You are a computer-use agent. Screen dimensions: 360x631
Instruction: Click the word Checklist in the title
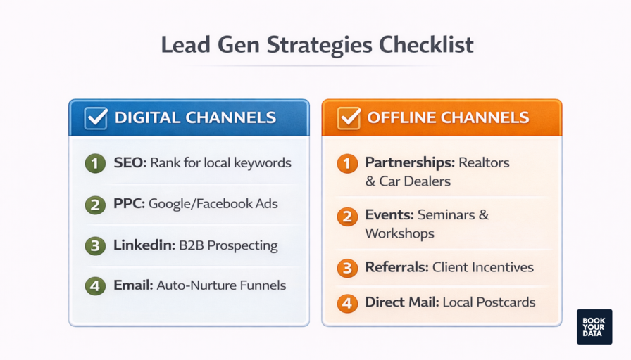tap(426, 44)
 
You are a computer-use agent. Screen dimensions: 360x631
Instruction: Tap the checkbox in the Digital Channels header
tap(96, 117)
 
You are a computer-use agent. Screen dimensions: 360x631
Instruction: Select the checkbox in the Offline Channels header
tap(349, 117)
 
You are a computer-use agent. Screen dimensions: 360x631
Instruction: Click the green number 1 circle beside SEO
tap(94, 163)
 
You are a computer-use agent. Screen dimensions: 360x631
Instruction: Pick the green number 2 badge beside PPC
tap(94, 205)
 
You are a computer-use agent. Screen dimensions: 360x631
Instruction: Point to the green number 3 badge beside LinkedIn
tap(94, 246)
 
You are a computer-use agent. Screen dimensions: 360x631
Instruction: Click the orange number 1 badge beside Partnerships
tap(346, 164)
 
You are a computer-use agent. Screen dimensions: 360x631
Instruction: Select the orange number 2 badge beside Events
tap(346, 216)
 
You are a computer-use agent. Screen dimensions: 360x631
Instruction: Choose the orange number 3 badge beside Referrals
tap(346, 268)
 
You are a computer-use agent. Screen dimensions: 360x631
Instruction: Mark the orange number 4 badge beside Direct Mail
tap(346, 303)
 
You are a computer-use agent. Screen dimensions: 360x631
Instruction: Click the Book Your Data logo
tap(594, 327)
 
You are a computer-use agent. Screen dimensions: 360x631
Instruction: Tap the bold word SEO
tap(129, 163)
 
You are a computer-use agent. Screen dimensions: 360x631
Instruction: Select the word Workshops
tap(399, 233)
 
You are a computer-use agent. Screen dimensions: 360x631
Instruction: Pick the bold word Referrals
tap(396, 267)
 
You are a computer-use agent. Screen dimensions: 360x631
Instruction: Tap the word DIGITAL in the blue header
tap(144, 117)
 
